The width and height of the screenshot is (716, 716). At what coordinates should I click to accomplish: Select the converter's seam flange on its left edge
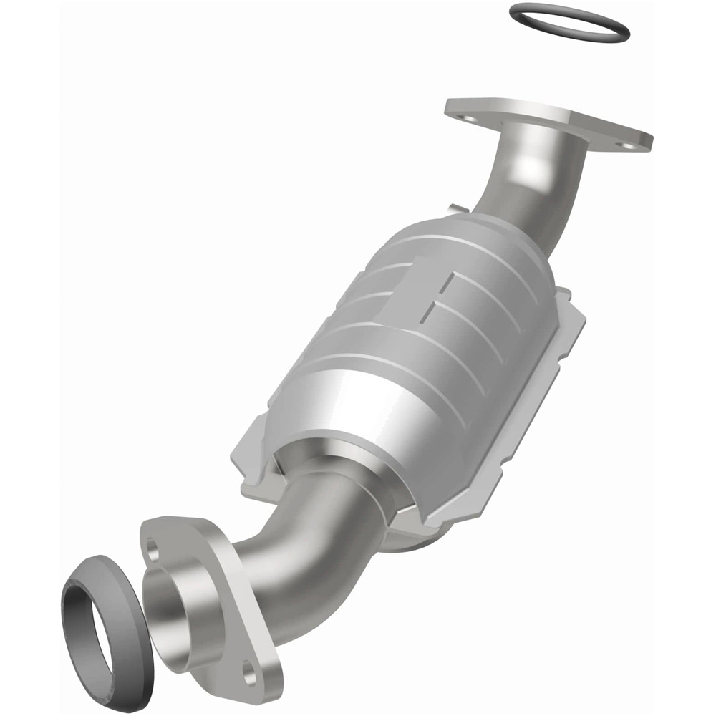click(x=247, y=458)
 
